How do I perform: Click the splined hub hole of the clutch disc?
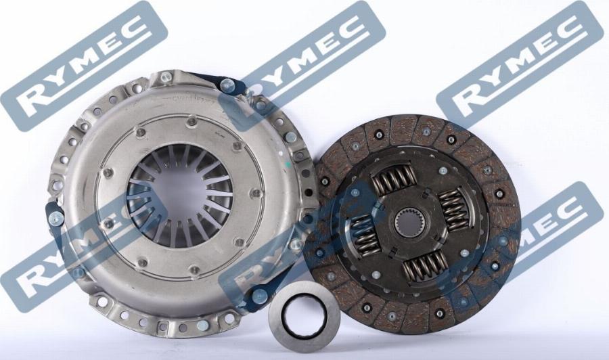click(407, 223)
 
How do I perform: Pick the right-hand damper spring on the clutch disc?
click(453, 209)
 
